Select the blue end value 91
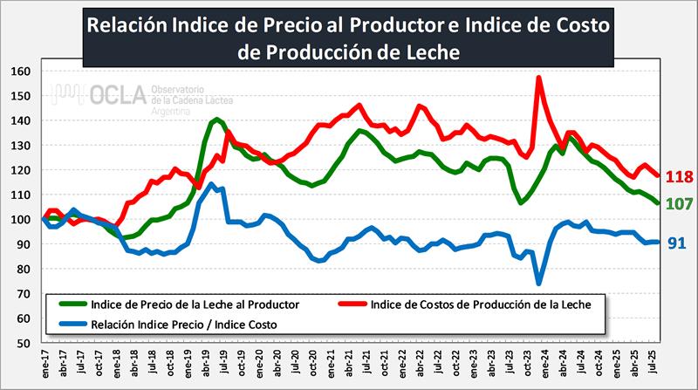click(x=676, y=243)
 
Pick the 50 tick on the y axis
click(x=22, y=344)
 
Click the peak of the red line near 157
click(x=539, y=78)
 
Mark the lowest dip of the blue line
click(x=539, y=283)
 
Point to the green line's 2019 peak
click(x=216, y=119)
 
